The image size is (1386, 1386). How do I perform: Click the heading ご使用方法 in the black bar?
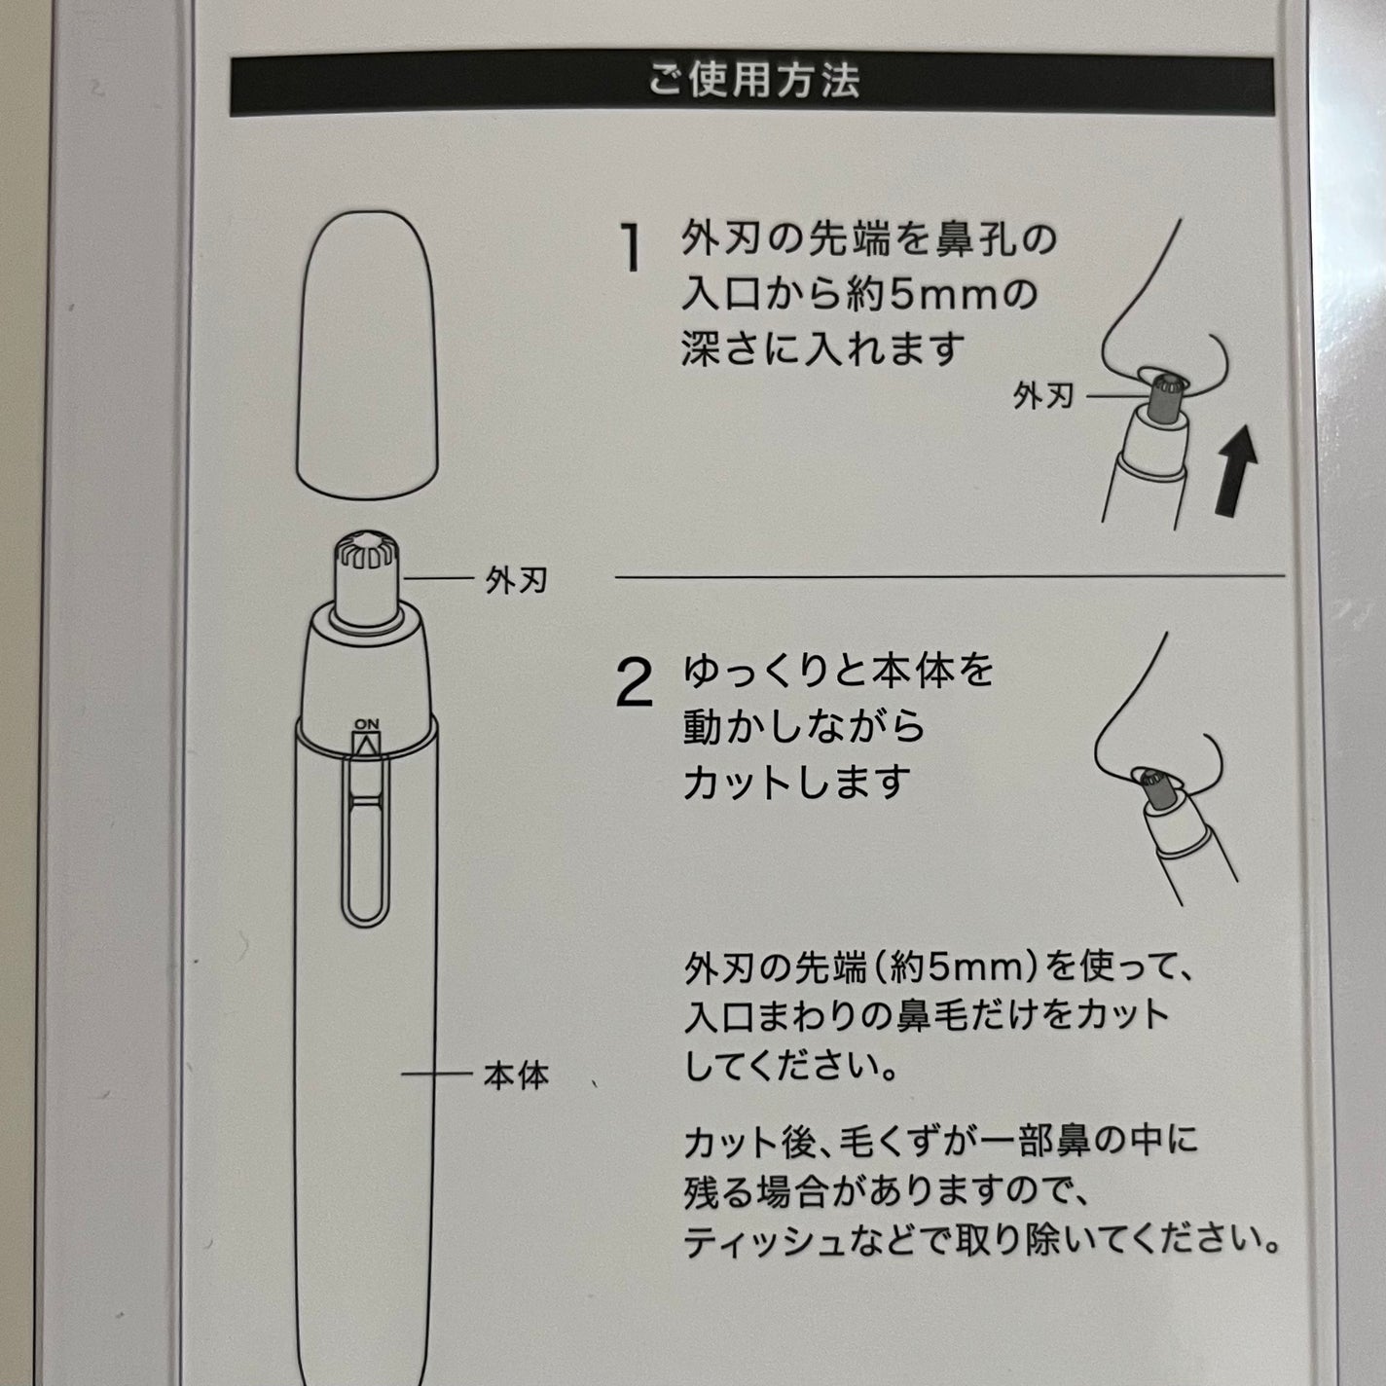pyautogui.click(x=753, y=80)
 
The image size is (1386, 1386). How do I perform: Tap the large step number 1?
pyautogui.click(x=632, y=247)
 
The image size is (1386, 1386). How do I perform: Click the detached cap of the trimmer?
pyautogui.click(x=368, y=354)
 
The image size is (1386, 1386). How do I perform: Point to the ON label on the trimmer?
pyautogui.click(x=366, y=723)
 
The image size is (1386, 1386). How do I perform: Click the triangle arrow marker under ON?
pyautogui.click(x=366, y=745)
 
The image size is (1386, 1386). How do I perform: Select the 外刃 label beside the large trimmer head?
pyautogui.click(x=516, y=579)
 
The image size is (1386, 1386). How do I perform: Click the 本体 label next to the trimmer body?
pyautogui.click(x=516, y=1076)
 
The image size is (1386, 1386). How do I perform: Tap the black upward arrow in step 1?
pyautogui.click(x=1236, y=470)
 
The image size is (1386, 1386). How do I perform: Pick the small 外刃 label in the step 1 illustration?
pyautogui.click(x=1043, y=395)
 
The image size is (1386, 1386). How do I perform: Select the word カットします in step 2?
pyautogui.click(x=797, y=782)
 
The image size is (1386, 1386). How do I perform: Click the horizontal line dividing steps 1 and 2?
pyautogui.click(x=949, y=576)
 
